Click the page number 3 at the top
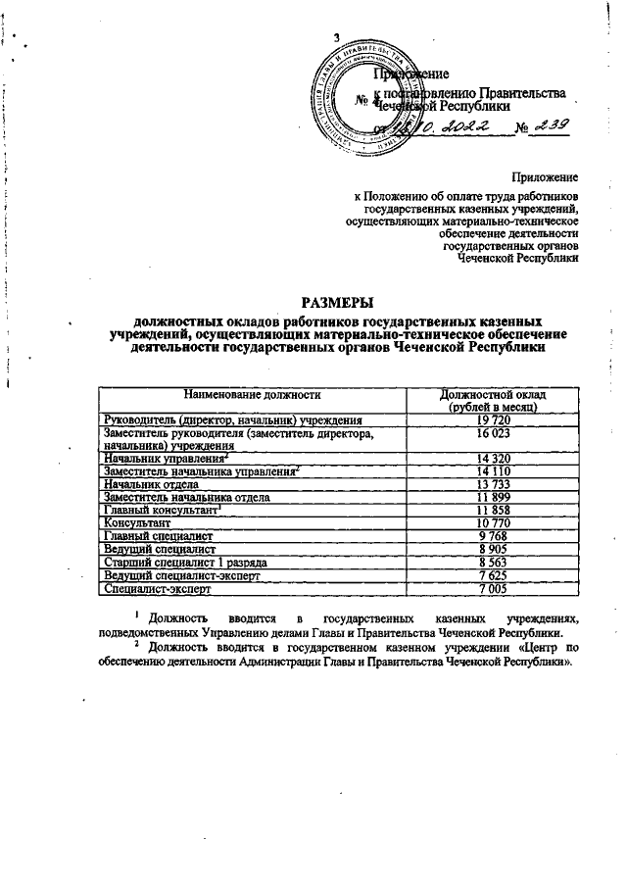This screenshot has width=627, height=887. pos(336,37)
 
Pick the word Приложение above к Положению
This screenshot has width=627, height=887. pos(544,177)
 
